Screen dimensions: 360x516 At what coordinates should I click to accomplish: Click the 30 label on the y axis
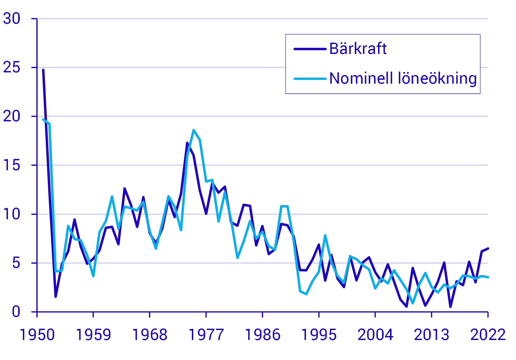pos(12,19)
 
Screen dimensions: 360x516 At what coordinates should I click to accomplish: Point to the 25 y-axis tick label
pos(12,67)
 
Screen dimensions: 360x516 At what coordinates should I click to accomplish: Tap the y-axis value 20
pos(12,116)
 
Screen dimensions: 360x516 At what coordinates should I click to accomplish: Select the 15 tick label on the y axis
pos(12,165)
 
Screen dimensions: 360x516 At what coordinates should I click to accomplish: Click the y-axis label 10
pos(12,214)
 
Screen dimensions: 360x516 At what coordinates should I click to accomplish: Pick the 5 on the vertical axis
pos(16,263)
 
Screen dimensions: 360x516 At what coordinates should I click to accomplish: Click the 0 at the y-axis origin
pos(16,312)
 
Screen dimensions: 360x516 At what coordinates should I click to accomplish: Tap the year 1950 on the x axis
pos(37,335)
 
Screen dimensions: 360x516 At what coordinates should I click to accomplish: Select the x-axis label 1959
pos(93,335)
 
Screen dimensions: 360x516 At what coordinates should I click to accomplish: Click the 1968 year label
pos(150,335)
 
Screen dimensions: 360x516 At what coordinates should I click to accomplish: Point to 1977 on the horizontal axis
pos(206,335)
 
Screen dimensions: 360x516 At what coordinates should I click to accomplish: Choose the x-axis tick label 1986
pos(262,335)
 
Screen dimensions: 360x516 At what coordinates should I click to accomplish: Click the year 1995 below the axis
pos(319,335)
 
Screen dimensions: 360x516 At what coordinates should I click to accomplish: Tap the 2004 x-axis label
pos(375,335)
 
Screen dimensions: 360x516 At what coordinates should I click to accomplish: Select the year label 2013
pos(431,335)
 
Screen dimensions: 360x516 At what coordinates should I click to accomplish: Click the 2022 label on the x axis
pos(488,335)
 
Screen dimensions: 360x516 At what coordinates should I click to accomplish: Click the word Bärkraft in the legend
pos(358,49)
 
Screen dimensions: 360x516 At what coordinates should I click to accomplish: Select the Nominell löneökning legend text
pos(403,78)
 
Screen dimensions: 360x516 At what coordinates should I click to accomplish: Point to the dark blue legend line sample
pos(310,49)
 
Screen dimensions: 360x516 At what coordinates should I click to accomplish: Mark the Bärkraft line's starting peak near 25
pos(43,70)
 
